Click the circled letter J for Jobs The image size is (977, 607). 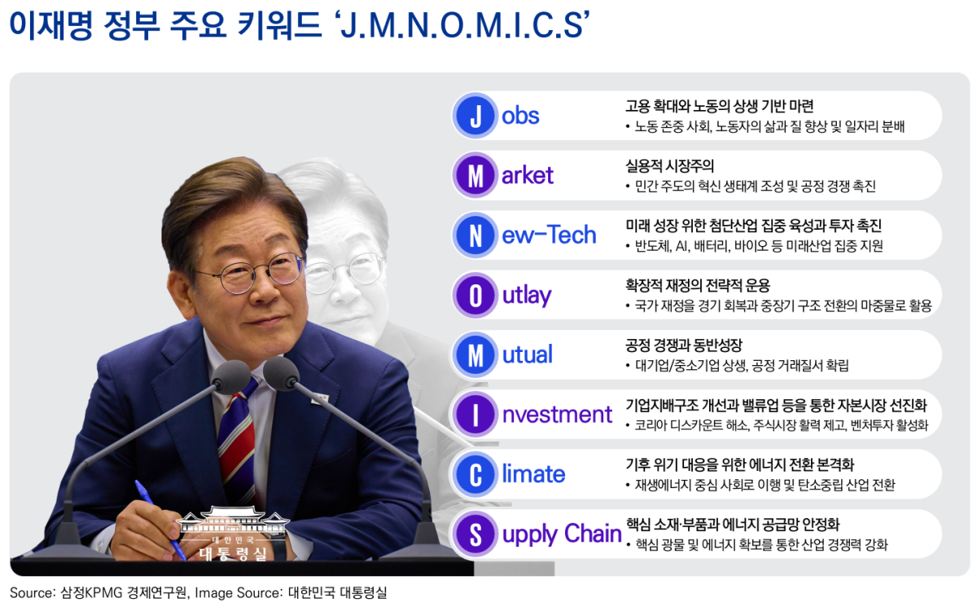(475, 116)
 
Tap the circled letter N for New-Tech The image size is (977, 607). (475, 235)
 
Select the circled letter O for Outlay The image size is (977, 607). (475, 295)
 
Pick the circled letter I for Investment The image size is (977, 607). (475, 415)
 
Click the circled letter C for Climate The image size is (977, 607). (475, 474)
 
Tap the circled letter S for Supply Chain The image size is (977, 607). (475, 534)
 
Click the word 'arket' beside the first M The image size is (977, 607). (528, 175)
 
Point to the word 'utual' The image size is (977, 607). (528, 354)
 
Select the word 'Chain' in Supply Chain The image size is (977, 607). (592, 534)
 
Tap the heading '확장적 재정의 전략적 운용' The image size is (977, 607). (697, 286)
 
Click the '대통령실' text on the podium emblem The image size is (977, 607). (232, 554)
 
